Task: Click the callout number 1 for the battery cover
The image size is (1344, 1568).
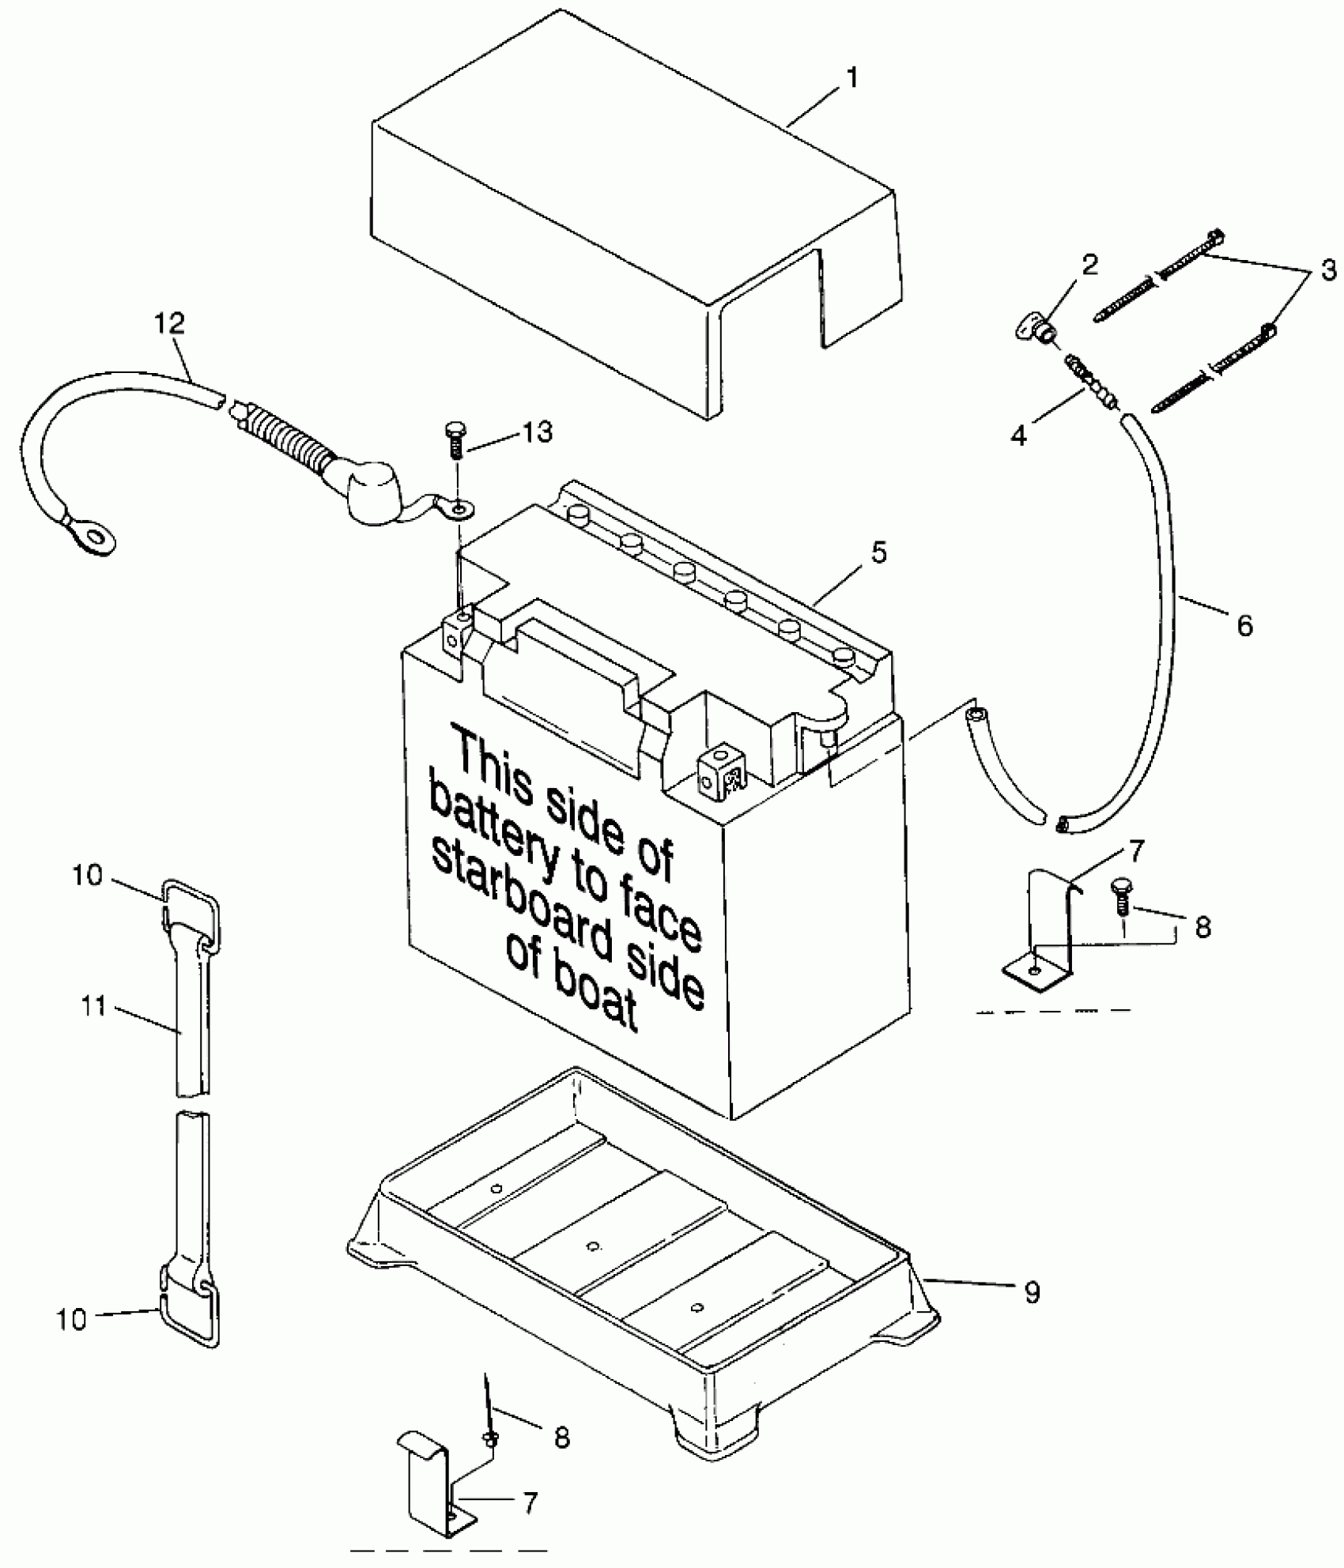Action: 851,78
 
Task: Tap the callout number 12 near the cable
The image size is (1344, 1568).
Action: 171,323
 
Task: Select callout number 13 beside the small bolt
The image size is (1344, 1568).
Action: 537,432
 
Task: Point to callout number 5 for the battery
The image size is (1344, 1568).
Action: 879,552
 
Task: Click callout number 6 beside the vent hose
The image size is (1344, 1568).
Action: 1244,626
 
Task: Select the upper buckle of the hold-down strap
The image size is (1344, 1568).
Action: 191,906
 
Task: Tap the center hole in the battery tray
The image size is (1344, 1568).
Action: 593,1246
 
